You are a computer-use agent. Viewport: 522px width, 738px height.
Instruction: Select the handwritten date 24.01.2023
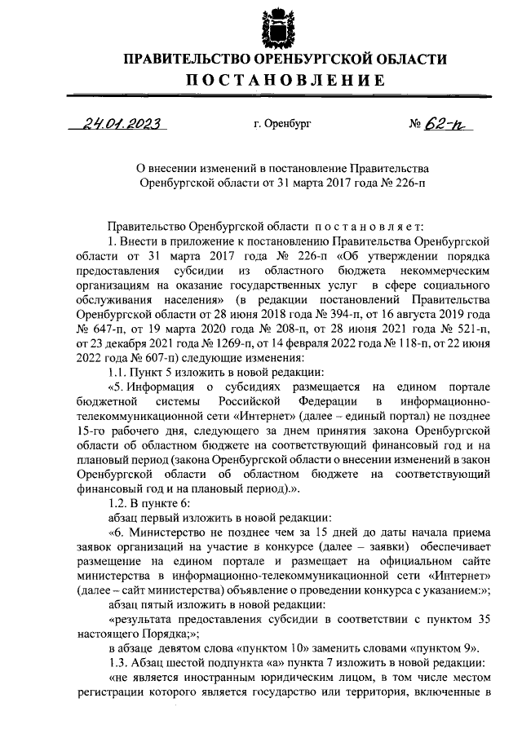point(121,125)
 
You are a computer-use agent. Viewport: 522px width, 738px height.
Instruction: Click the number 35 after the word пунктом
point(481,618)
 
